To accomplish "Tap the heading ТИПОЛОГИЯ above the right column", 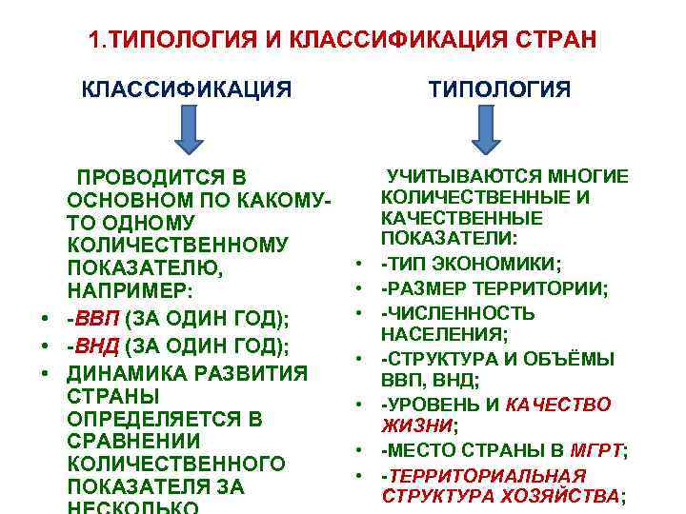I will tap(499, 90).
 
